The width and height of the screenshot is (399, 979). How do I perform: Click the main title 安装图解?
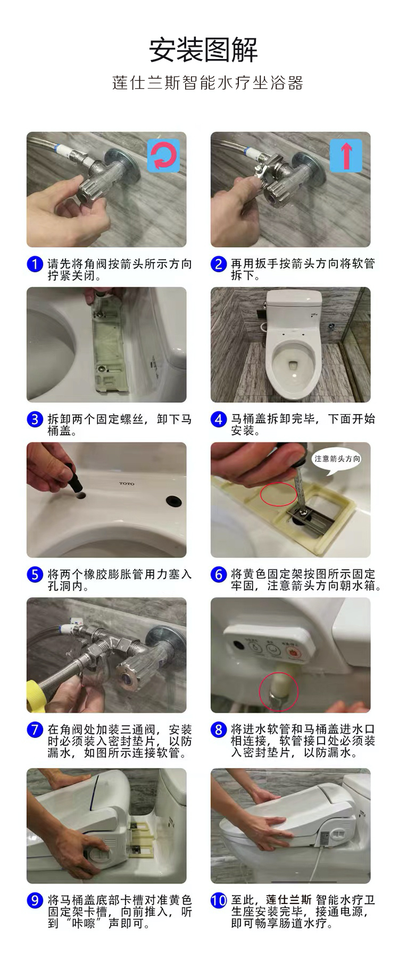[x=203, y=50]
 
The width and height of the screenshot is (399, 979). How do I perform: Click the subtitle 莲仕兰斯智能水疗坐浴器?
[x=207, y=83]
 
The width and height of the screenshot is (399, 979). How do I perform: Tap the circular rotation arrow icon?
[x=163, y=155]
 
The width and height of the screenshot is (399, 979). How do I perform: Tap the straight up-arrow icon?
[x=346, y=155]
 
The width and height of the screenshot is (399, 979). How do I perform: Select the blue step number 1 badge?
[x=35, y=264]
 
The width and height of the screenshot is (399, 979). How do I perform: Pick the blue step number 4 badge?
[x=218, y=419]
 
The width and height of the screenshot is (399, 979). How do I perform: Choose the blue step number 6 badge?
[x=218, y=575]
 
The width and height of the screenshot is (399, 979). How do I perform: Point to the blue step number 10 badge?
[x=219, y=900]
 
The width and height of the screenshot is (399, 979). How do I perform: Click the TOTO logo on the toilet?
[x=127, y=484]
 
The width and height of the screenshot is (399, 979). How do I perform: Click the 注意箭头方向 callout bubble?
[x=337, y=459]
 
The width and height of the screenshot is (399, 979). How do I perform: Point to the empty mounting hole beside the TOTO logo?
[x=173, y=501]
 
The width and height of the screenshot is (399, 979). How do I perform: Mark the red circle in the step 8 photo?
[x=279, y=691]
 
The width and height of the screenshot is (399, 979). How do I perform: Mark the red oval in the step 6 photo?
[x=279, y=494]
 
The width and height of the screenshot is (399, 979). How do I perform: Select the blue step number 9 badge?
[x=35, y=900]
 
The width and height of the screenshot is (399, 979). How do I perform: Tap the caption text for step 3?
[x=119, y=425]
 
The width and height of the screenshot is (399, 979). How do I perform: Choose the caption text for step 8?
[x=303, y=741]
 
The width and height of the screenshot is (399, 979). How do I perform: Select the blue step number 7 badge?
[x=35, y=730]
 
